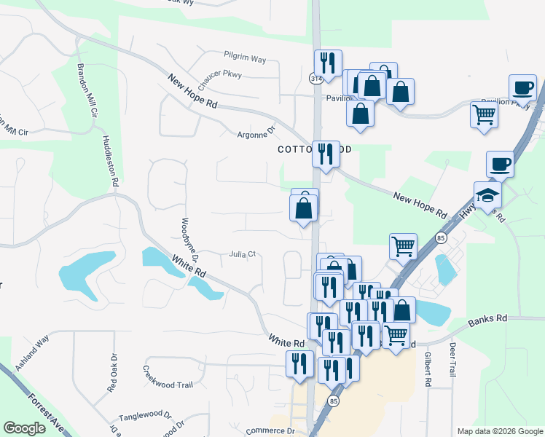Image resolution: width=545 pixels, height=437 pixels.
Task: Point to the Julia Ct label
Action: pyautogui.click(x=243, y=254)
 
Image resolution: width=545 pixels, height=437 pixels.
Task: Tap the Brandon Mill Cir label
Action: pyautogui.click(x=85, y=91)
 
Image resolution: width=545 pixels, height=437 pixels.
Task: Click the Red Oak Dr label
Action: pyautogui.click(x=113, y=374)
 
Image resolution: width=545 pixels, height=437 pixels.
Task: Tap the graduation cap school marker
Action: pyautogui.click(x=487, y=195)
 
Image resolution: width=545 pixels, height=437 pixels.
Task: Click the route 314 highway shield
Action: pyautogui.click(x=317, y=78)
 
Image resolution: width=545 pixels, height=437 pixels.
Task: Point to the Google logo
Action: pyautogui.click(x=24, y=428)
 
